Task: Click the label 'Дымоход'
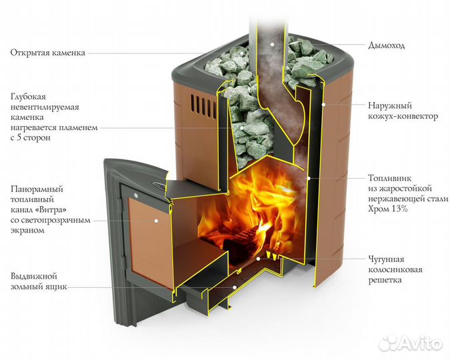coord(386,46)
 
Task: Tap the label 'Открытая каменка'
coord(47,53)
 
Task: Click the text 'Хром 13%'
coord(387,209)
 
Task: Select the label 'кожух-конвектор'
coord(403,116)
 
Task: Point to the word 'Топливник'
coord(389,179)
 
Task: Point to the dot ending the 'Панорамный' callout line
coord(157,219)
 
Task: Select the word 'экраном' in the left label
coord(27,230)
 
